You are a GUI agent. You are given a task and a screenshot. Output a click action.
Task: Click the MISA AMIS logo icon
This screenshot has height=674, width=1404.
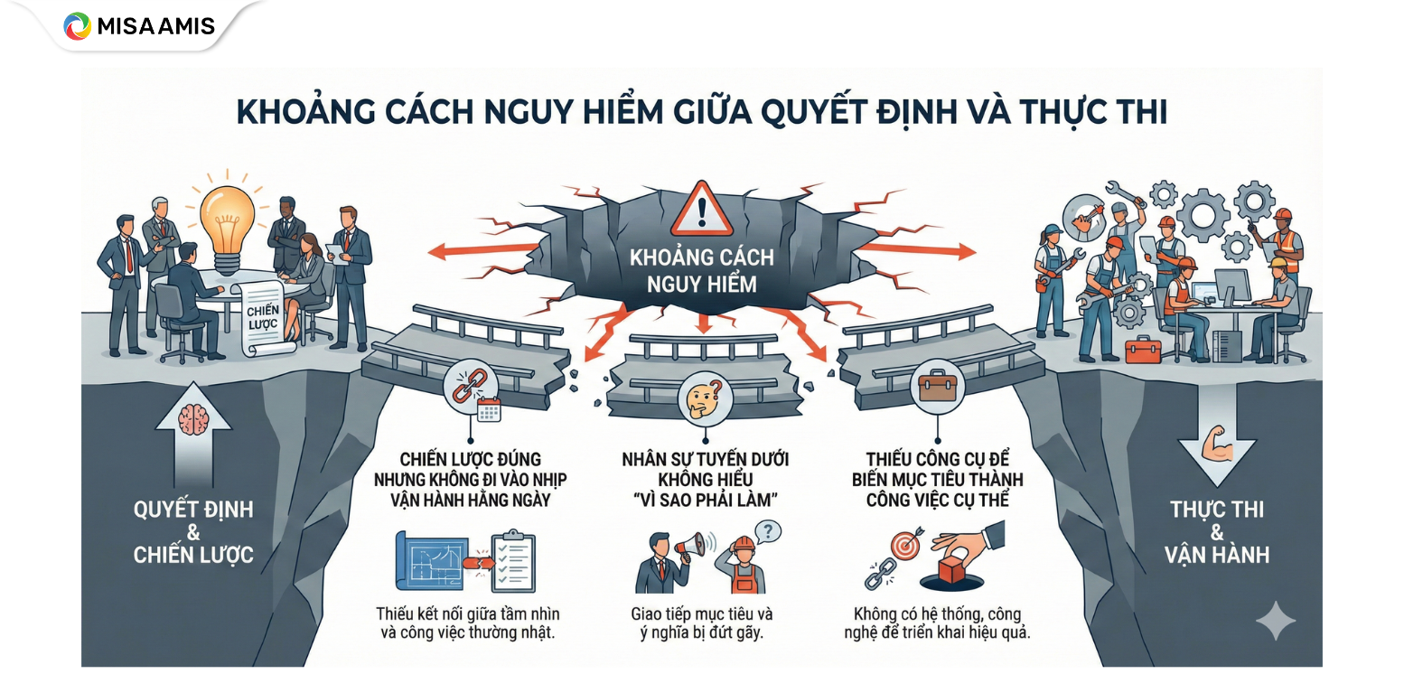[78, 25]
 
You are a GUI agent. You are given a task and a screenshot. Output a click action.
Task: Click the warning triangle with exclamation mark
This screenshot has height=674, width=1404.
[700, 211]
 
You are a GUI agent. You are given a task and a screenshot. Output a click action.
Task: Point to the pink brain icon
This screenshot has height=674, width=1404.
[193, 420]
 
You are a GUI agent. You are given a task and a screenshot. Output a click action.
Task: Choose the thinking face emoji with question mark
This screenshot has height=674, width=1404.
[701, 398]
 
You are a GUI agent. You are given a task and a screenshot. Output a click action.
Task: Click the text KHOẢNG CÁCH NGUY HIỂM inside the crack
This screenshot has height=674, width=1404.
[701, 270]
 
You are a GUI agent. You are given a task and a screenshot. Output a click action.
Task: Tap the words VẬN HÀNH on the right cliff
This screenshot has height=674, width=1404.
[1217, 553]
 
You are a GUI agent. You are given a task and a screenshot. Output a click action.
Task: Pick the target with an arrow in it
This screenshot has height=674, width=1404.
[905, 545]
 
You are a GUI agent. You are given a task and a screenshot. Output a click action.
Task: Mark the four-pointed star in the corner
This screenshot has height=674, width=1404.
[1275, 620]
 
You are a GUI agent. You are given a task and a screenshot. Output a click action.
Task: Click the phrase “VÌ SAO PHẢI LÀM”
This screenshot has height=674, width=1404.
[702, 500]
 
